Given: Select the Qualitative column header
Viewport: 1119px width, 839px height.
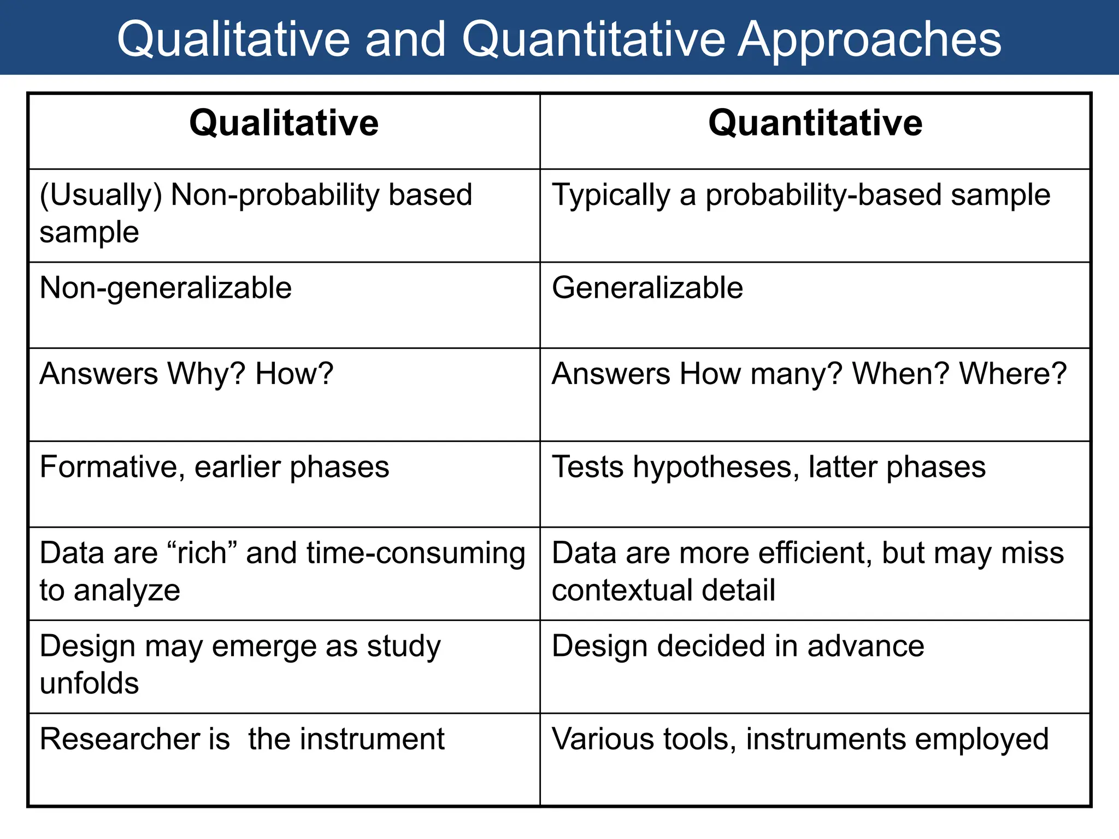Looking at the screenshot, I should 284,123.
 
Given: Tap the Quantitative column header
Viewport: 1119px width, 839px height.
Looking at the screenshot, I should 815,123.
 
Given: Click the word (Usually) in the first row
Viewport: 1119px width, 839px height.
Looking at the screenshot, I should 101,195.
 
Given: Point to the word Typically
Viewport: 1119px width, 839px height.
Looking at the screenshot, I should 611,195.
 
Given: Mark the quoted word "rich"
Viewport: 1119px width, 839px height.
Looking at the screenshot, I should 202,553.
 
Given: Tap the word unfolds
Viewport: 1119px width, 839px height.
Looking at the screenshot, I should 90,683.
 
